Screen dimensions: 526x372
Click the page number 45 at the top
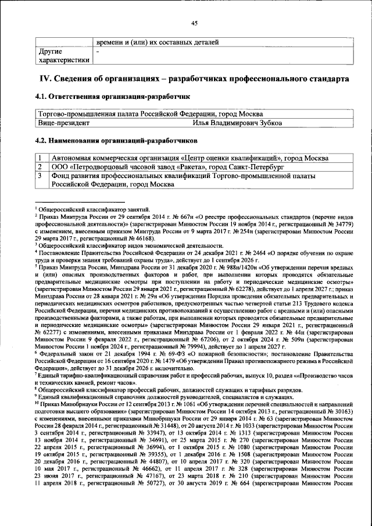tap(194, 23)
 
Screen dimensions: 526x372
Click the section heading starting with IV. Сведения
tap(194, 78)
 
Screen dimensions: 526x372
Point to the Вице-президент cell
tap(64, 123)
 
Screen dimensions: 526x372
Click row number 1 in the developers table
tap(41, 158)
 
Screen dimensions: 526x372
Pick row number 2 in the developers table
tap(41, 167)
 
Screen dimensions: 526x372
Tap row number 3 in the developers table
tap(41, 176)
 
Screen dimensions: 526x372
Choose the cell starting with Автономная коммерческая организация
tap(189, 158)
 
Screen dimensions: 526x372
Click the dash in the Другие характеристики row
tap(98, 52)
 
